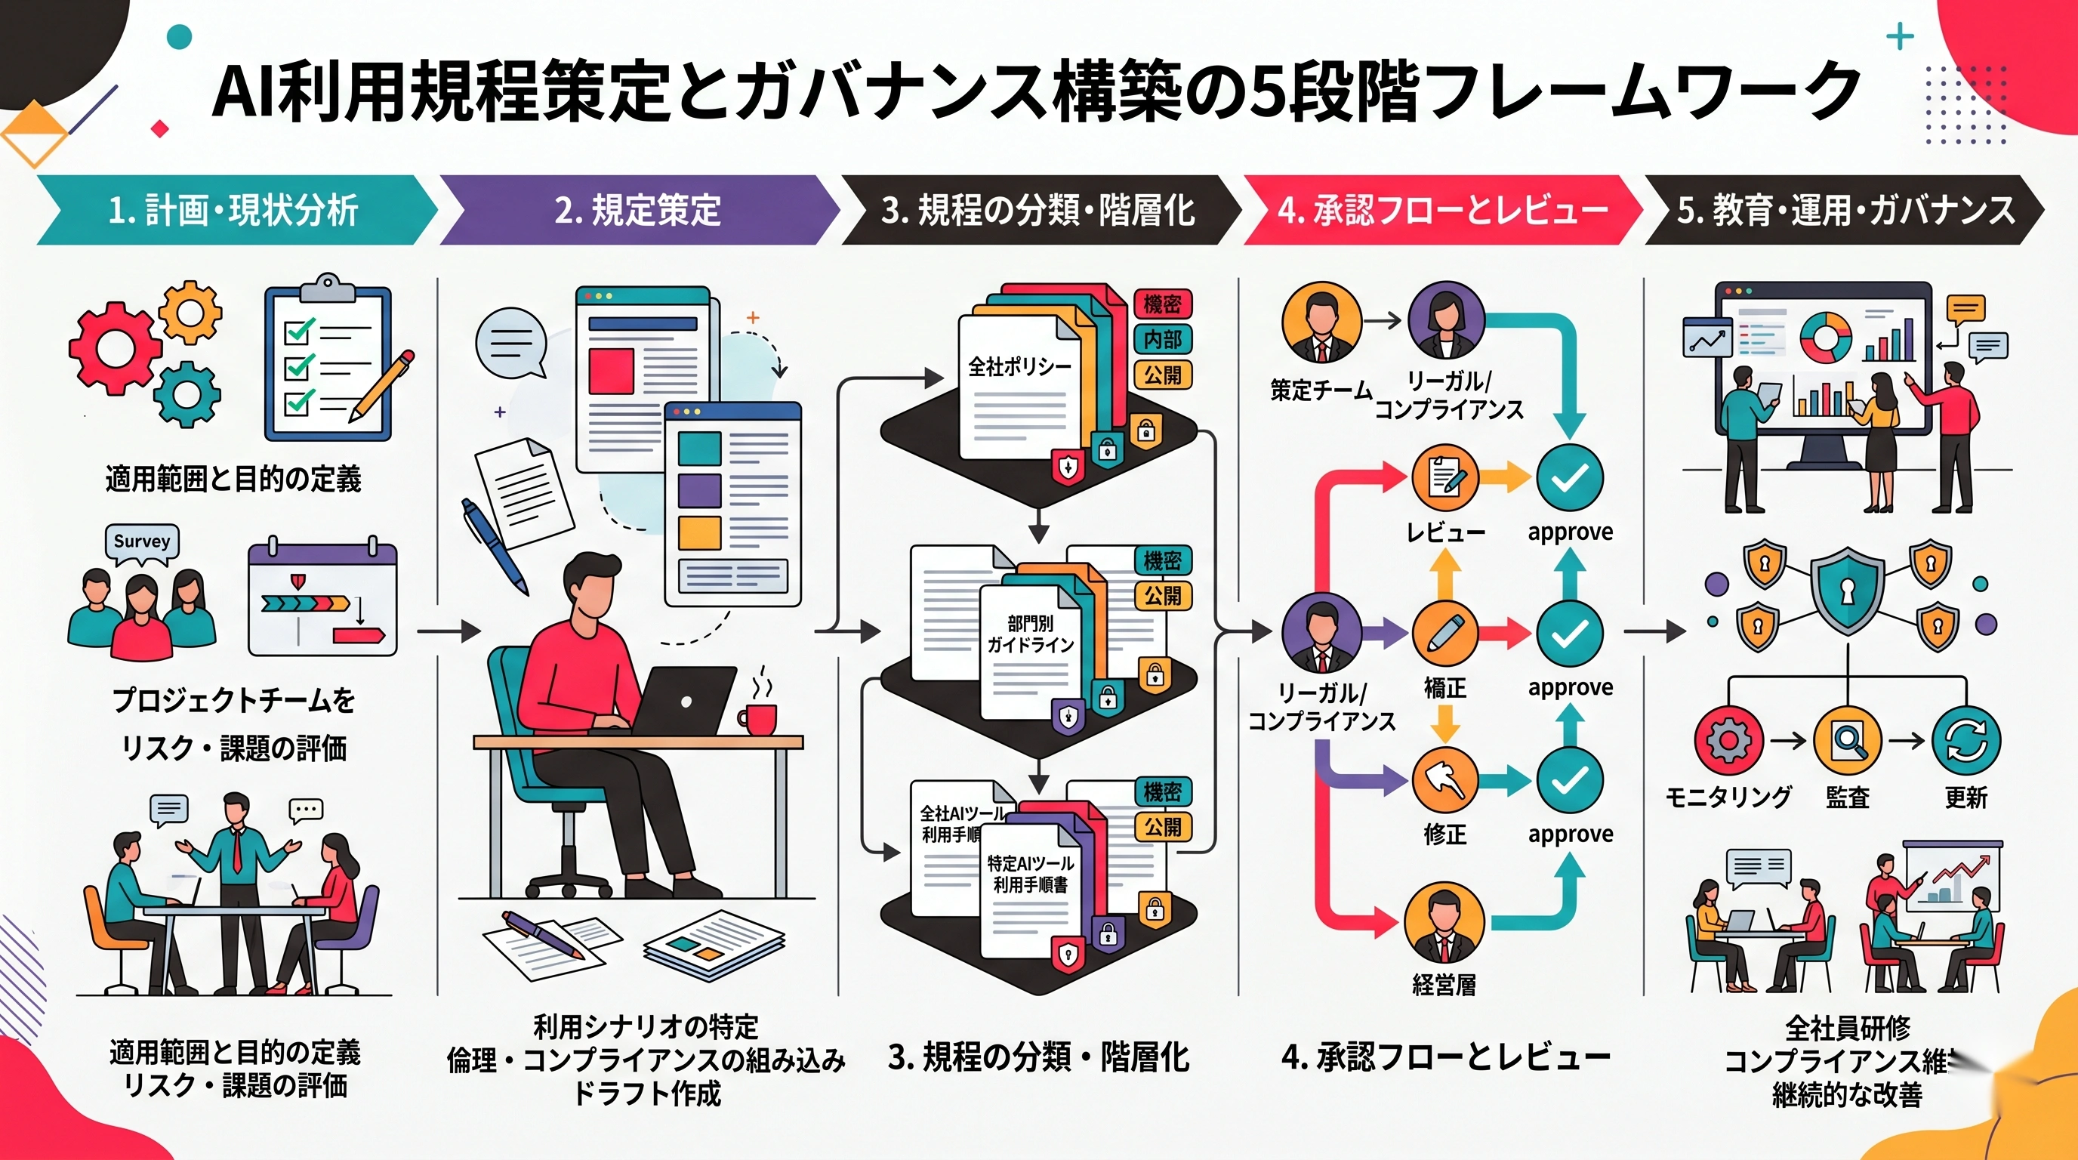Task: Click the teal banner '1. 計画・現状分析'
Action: [234, 211]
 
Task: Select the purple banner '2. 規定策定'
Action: [637, 211]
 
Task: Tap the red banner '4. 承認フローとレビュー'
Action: [1442, 211]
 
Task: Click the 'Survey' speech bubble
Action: [142, 541]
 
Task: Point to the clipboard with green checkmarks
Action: [328, 363]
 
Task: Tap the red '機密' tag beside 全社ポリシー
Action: [1161, 304]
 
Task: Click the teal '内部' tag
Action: [1161, 340]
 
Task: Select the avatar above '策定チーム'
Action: [1321, 322]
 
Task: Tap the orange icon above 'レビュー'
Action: [1444, 477]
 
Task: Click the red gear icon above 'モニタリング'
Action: [1728, 741]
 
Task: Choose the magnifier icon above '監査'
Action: [1847, 741]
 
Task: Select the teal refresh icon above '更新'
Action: [1966, 741]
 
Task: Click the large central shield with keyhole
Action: [1847, 591]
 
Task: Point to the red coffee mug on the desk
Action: [758, 719]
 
